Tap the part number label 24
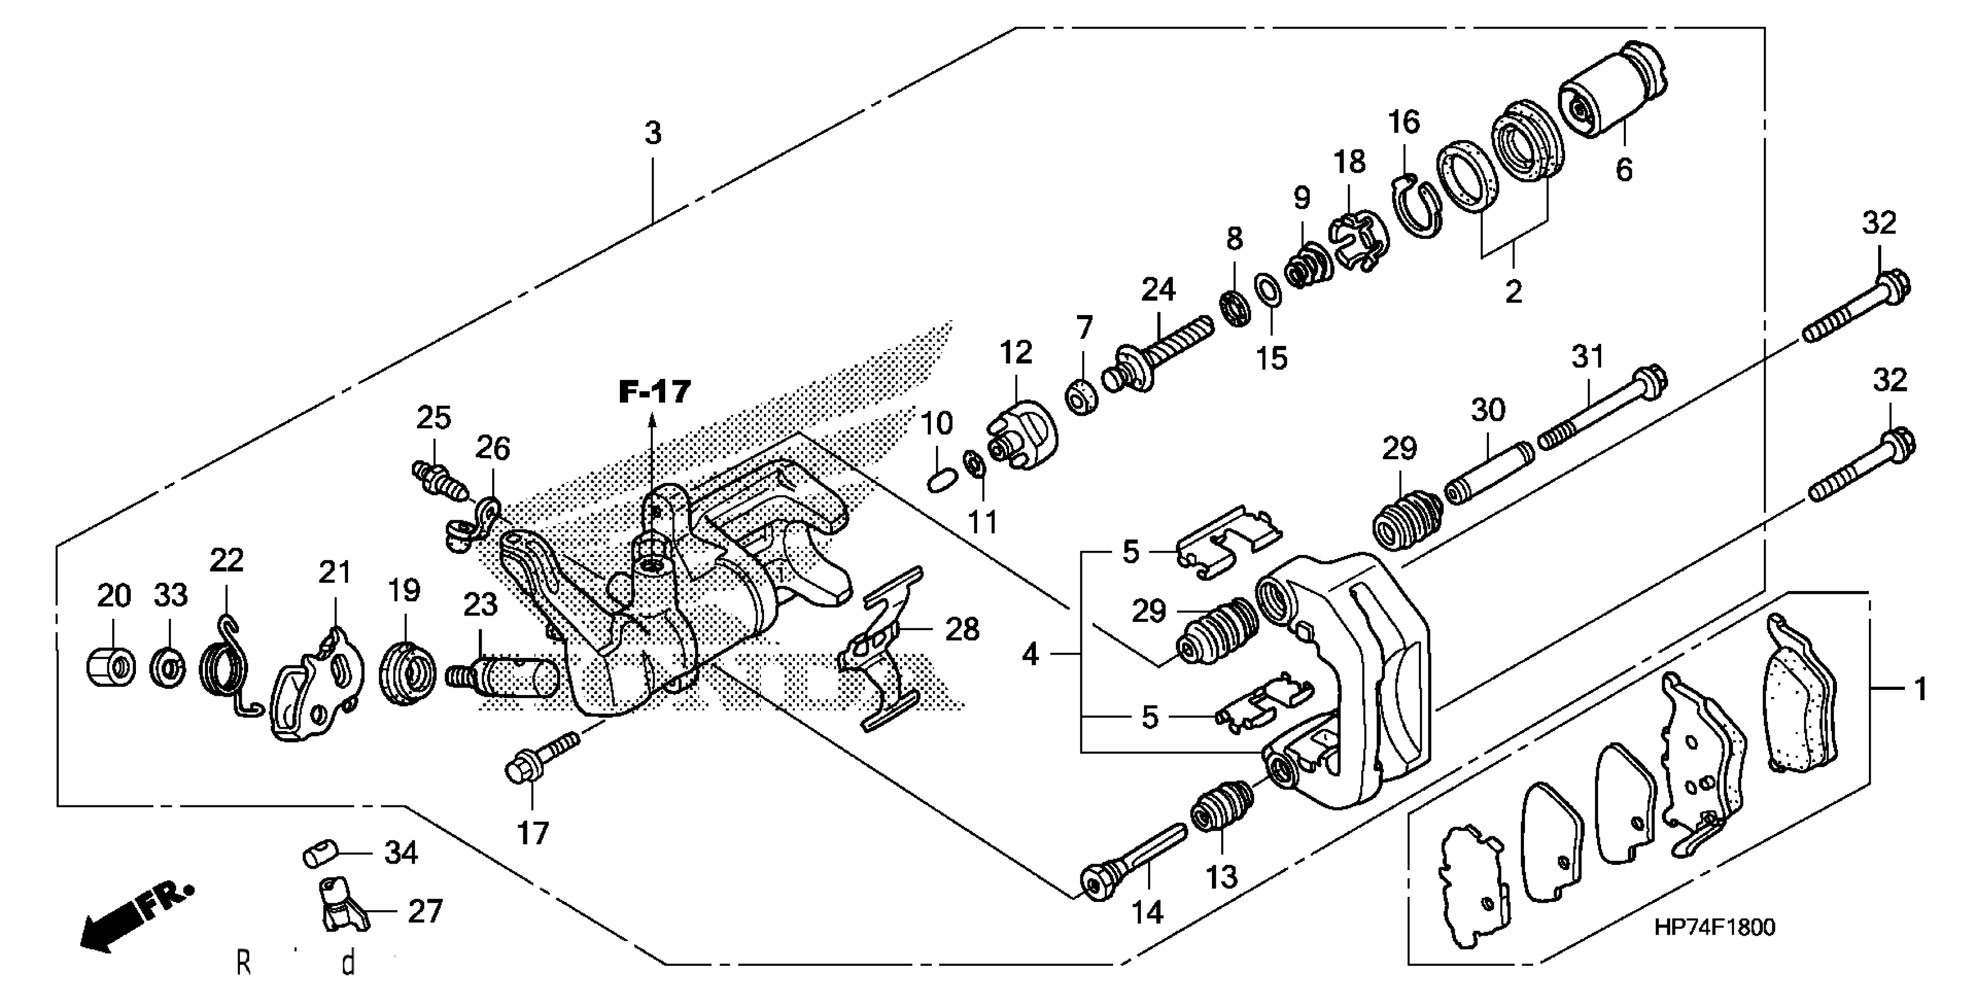click(x=1158, y=290)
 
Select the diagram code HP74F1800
click(x=1714, y=928)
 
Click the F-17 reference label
click(x=655, y=392)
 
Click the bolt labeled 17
click(x=540, y=756)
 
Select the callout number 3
click(x=652, y=133)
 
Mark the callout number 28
click(x=961, y=629)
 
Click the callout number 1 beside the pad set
click(x=1920, y=689)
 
